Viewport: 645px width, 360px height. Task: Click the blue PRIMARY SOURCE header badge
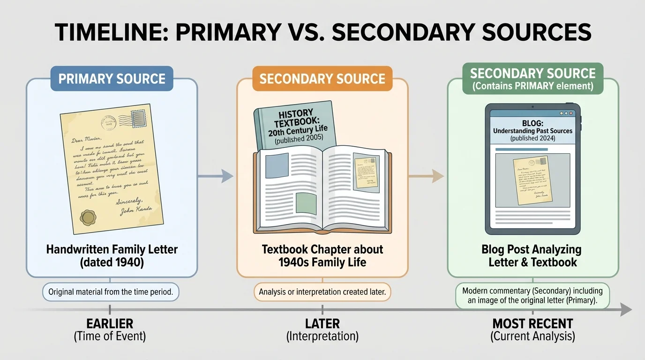(x=112, y=78)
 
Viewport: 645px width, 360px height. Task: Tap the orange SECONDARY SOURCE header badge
(x=322, y=78)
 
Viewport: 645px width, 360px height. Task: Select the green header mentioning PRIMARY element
(x=533, y=79)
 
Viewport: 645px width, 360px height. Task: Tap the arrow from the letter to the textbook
(x=217, y=176)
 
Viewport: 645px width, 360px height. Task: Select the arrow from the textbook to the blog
(x=427, y=176)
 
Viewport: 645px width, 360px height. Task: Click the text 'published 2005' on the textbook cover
(x=295, y=141)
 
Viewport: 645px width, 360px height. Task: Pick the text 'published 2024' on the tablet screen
(x=533, y=138)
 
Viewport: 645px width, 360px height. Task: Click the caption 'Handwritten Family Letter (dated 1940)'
(x=112, y=255)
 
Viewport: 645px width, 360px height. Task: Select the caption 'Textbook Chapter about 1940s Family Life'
(x=322, y=255)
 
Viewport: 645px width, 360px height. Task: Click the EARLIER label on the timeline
(x=110, y=323)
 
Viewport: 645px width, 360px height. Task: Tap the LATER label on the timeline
(x=322, y=323)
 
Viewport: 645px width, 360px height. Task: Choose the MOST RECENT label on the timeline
(x=532, y=323)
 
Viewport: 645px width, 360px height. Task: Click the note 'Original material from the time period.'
(x=111, y=292)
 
